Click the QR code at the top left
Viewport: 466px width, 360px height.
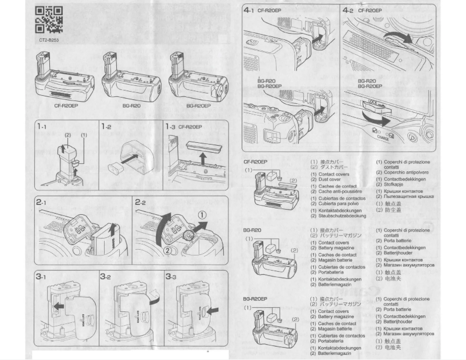pyautogui.click(x=49, y=19)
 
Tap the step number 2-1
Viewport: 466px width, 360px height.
pyautogui.click(x=41, y=203)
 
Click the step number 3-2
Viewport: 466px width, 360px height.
pyautogui.click(x=106, y=278)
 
